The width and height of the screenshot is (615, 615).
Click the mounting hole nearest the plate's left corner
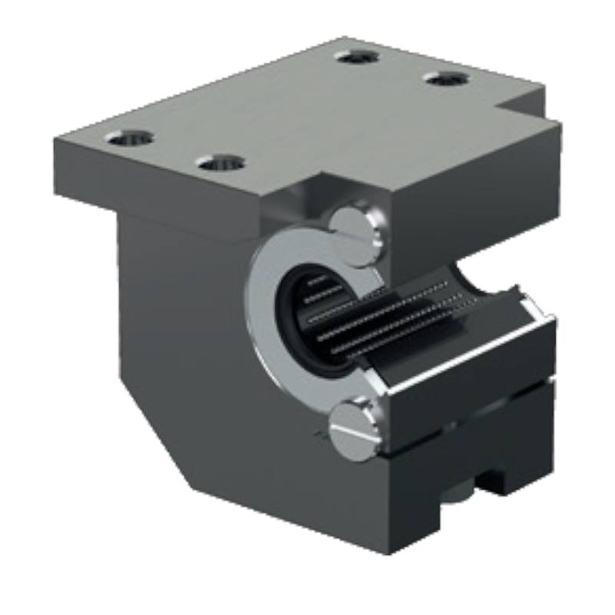pyautogui.click(x=129, y=138)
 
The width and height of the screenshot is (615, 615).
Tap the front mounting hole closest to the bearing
pyautogui.click(x=220, y=163)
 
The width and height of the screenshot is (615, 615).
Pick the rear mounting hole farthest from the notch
pyautogui.click(x=358, y=57)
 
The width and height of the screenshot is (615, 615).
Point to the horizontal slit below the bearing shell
pyautogui.click(x=469, y=392)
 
